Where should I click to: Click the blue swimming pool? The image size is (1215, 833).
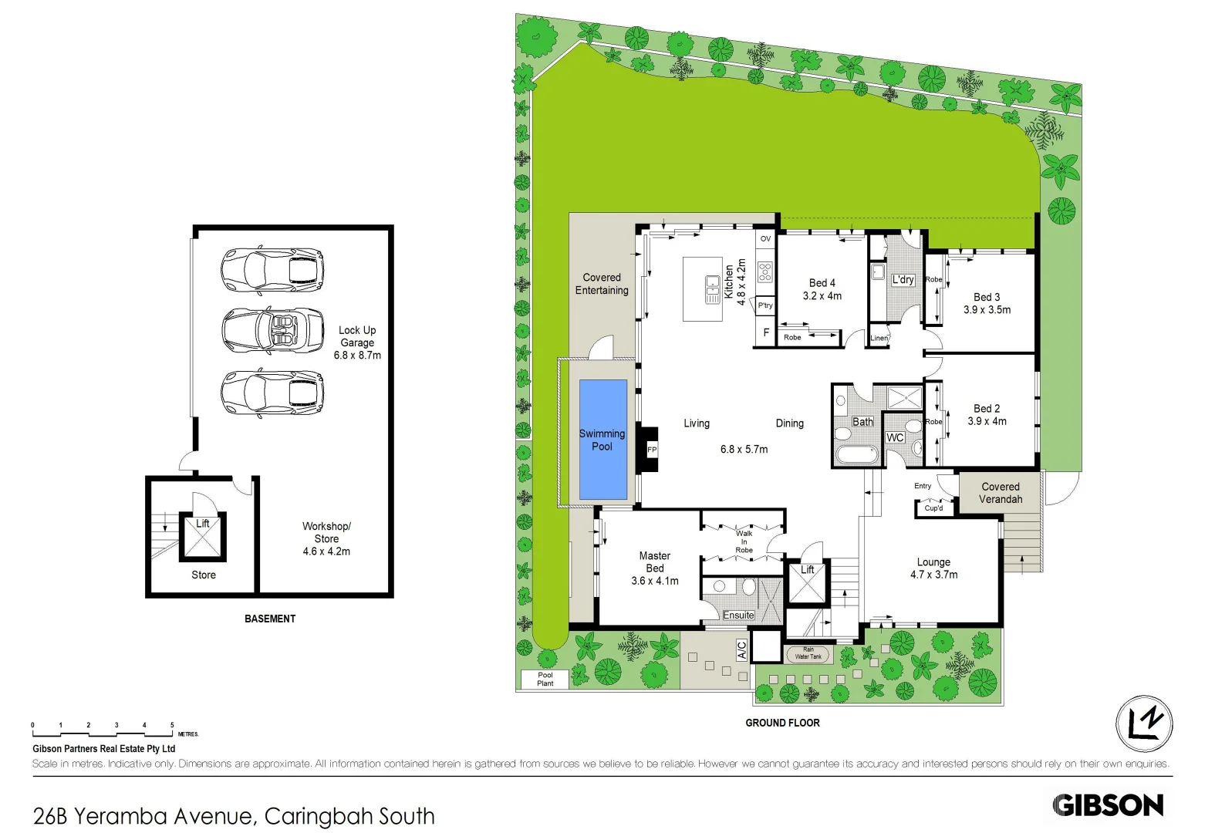[602, 440]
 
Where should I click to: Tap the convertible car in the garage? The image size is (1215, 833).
[272, 330]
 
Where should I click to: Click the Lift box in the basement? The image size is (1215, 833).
[203, 536]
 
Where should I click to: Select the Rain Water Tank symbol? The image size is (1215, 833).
[808, 654]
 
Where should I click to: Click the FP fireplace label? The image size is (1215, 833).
[652, 449]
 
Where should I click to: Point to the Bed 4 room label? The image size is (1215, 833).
[822, 283]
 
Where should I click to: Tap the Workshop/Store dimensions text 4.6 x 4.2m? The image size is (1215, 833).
[326, 551]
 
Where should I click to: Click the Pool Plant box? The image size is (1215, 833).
[545, 679]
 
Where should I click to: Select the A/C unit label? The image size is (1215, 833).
[741, 649]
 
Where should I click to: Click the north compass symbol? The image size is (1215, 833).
[1144, 724]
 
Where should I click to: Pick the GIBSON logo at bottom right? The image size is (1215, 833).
[1108, 805]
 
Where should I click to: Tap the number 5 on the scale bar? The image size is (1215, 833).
[172, 725]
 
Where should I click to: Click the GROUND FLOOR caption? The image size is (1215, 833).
[782, 723]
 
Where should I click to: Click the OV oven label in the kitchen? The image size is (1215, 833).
[765, 239]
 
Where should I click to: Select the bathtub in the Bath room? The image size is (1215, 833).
[856, 454]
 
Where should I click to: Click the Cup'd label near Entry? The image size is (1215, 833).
[933, 508]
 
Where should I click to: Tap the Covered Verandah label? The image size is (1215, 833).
[1000, 493]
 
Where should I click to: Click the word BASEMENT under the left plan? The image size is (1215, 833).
[270, 619]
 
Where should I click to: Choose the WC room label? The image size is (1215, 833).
[895, 437]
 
